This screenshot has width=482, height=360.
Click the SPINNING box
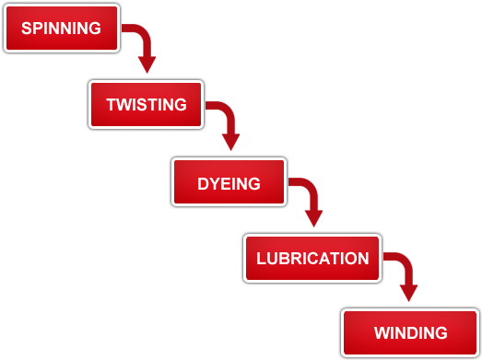coord(62,29)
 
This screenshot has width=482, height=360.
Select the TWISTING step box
coord(146,104)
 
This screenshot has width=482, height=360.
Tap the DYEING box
coord(229,182)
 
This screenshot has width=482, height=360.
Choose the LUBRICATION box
coord(312,258)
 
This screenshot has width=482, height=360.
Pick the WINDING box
coord(410,332)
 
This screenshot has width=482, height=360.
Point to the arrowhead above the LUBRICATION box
coord(313,218)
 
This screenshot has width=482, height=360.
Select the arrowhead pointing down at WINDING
coord(408,293)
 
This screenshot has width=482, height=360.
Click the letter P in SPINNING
coord(35,29)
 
